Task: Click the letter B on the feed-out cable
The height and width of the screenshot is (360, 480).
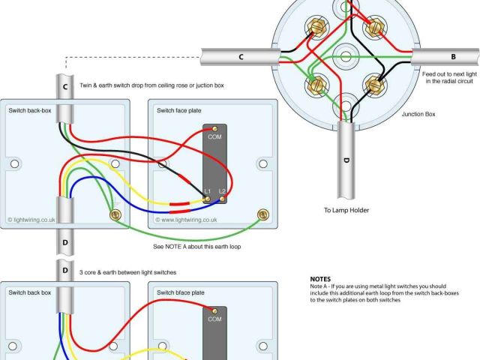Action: pyautogui.click(x=453, y=56)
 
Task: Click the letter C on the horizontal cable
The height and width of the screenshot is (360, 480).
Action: pyautogui.click(x=241, y=57)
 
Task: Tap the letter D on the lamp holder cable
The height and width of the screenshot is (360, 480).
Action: pyautogui.click(x=346, y=160)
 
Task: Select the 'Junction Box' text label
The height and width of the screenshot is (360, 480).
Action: pyautogui.click(x=418, y=114)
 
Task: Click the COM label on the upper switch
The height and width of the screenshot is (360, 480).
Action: pyautogui.click(x=214, y=136)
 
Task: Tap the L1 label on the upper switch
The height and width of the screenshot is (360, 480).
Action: pyautogui.click(x=208, y=191)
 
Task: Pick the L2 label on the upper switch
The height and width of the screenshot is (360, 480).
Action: pyautogui.click(x=222, y=191)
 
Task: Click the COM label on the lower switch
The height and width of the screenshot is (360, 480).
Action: pyautogui.click(x=214, y=319)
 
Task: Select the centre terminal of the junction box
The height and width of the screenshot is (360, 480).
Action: pyautogui.click(x=346, y=56)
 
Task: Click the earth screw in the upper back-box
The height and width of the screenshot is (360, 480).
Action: pyautogui.click(x=115, y=216)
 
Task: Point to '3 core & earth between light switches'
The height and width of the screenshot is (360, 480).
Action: pyautogui.click(x=124, y=272)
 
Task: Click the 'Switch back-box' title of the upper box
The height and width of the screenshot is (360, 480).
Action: pyautogui.click(x=29, y=111)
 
